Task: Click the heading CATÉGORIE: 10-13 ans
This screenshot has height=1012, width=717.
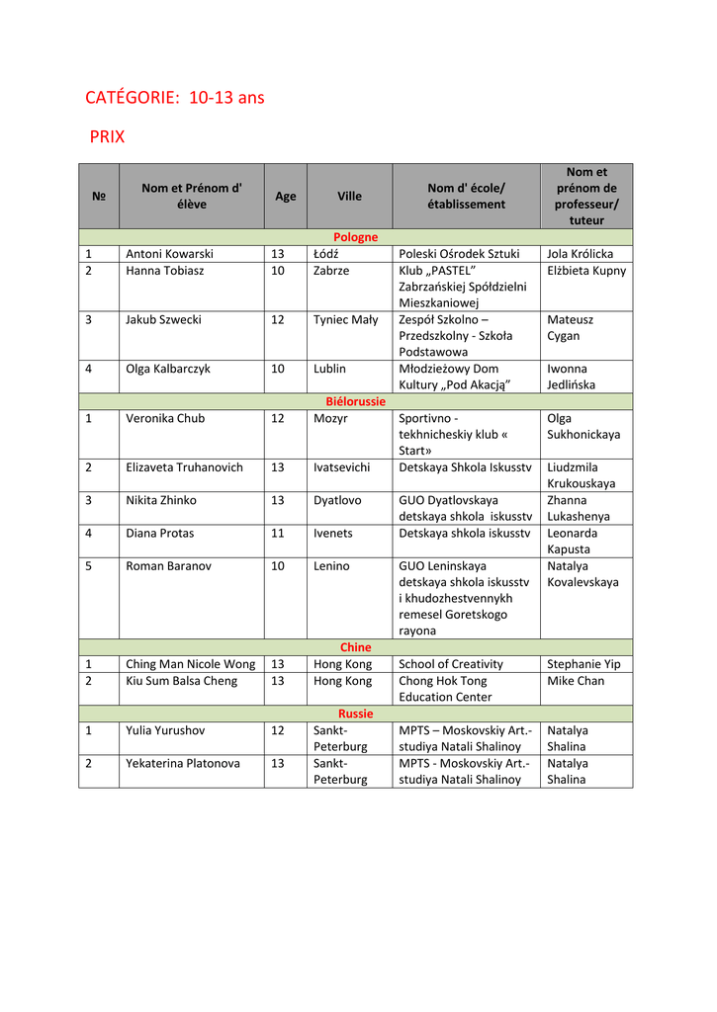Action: coord(175,98)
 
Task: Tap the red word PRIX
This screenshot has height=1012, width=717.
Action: coord(107,136)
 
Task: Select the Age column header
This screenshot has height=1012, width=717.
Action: coord(286,196)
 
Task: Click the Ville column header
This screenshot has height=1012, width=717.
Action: coord(349,196)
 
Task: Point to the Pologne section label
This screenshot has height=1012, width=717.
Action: coord(355,237)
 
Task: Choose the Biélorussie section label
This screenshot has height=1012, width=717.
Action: coord(355,401)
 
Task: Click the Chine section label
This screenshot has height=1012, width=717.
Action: coord(355,647)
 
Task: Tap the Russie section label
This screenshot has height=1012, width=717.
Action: coord(355,714)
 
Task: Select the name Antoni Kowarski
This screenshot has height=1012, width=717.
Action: coord(169,254)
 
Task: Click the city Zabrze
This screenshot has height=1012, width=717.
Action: coord(331,271)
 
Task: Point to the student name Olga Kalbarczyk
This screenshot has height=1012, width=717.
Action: coord(172,369)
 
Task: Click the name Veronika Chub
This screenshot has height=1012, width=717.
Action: coord(165,418)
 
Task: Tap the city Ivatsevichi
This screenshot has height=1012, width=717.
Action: coord(343,467)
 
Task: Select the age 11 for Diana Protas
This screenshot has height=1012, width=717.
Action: coord(278,534)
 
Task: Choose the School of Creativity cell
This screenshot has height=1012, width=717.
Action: coord(451,664)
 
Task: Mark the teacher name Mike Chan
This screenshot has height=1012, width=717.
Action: coord(576,681)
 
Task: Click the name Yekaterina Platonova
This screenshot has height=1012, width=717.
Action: coord(183,763)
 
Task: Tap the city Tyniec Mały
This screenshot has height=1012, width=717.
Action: coord(345,319)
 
